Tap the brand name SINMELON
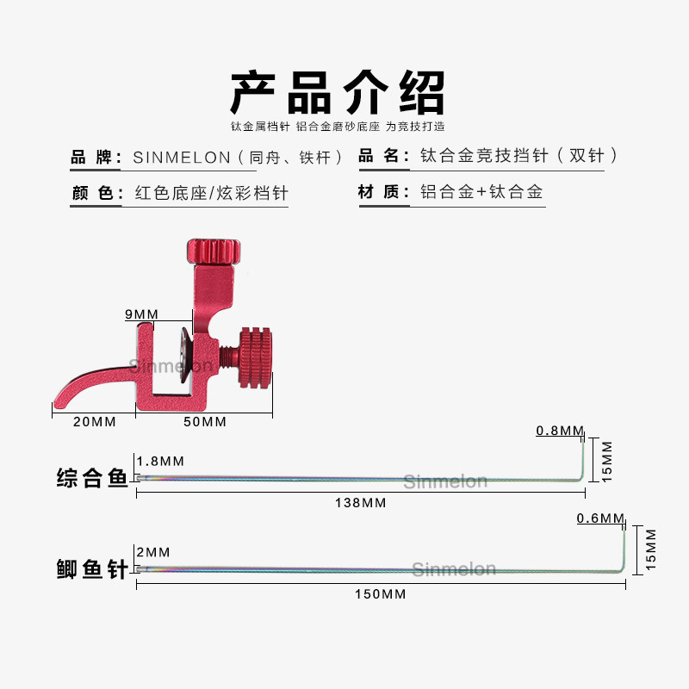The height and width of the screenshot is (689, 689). coord(183,158)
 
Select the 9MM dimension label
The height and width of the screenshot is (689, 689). coord(141,314)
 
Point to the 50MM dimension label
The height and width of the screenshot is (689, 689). coord(205,422)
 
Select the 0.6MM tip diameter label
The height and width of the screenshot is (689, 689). coord(599,518)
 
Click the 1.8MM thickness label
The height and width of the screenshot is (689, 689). coord(160,461)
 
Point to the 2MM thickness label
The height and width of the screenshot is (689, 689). coord(152,552)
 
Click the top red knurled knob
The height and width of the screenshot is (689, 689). coord(213,252)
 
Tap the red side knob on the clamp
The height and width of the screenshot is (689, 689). coord(255,355)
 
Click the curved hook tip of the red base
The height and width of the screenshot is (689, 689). coord(65,398)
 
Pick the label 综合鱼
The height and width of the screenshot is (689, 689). coord(91,476)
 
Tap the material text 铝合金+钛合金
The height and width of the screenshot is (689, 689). coord(481,192)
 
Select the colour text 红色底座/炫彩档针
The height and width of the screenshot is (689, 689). coord(211,193)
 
